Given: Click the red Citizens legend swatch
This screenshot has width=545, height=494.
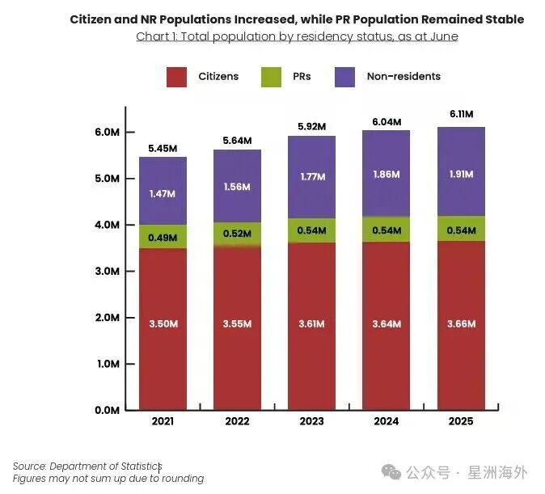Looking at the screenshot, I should click(x=176, y=77).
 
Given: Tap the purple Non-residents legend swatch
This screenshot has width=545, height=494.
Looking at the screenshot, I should click(x=345, y=77).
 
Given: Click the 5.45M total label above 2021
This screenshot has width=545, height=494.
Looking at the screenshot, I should click(x=163, y=149).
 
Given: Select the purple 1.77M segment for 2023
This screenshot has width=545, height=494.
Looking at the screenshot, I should click(x=311, y=177).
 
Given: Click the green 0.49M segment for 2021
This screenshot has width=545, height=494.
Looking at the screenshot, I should click(x=163, y=236).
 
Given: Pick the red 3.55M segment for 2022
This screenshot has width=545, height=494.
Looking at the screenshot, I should click(x=237, y=324).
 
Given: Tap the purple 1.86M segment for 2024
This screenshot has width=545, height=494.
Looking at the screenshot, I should click(x=386, y=174).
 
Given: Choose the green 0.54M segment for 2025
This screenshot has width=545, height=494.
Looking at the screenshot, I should click(x=461, y=229).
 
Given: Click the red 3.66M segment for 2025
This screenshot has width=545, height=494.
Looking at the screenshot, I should click(x=461, y=324).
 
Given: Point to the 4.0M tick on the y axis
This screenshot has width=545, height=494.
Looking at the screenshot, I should click(x=108, y=225).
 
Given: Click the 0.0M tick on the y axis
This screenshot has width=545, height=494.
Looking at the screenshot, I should click(x=108, y=410).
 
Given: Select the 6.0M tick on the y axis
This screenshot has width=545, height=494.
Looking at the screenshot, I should click(x=108, y=133).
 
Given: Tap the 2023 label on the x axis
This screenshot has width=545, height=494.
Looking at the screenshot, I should click(x=311, y=422).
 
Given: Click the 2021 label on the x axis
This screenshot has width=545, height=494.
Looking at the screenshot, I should click(x=163, y=422).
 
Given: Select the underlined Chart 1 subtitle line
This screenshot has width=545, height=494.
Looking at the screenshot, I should click(x=297, y=36).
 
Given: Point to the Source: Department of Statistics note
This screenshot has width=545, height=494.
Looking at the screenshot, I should click(x=87, y=467).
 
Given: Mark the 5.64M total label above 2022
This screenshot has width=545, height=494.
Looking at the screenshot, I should click(x=237, y=141).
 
